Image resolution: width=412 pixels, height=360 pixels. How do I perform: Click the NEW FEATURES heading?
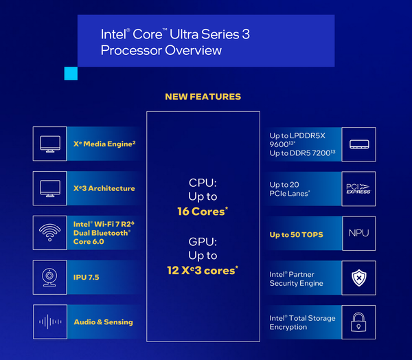pyautogui.click(x=203, y=97)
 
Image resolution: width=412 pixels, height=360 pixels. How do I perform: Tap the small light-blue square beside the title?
pyautogui.click(x=70, y=74)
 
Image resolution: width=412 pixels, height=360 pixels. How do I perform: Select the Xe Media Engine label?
pyautogui.click(x=104, y=144)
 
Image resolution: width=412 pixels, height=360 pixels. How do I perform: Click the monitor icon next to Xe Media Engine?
pyautogui.click(x=50, y=144)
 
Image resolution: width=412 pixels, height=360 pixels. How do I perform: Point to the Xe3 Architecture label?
pyautogui.click(x=104, y=188)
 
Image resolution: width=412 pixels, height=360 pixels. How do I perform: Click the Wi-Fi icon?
pyautogui.click(x=50, y=232)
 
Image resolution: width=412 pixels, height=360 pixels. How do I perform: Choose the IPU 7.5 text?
pyautogui.click(x=87, y=277)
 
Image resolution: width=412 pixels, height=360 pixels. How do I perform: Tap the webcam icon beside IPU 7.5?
pyautogui.click(x=50, y=277)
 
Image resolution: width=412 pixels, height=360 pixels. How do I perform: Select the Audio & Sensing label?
pyautogui.click(x=104, y=322)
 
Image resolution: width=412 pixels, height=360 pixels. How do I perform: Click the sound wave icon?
pyautogui.click(x=50, y=322)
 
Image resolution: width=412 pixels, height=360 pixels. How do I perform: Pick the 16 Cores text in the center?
pyautogui.click(x=203, y=212)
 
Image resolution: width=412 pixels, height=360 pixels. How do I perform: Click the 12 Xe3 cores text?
pyautogui.click(x=203, y=270)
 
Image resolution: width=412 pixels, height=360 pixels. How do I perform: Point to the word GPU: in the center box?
pyautogui.click(x=203, y=241)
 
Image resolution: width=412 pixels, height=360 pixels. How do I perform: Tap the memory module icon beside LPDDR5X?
pyautogui.click(x=358, y=145)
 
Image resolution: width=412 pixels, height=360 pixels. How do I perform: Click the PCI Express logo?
pyautogui.click(x=358, y=189)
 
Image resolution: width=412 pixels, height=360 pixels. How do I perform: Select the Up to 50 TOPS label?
pyautogui.click(x=296, y=235)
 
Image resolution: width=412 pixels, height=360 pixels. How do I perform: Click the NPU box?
pyautogui.click(x=358, y=233)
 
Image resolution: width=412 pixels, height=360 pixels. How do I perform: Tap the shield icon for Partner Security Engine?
pyautogui.click(x=358, y=278)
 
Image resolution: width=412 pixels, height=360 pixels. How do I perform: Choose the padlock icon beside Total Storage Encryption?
pyautogui.click(x=358, y=322)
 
